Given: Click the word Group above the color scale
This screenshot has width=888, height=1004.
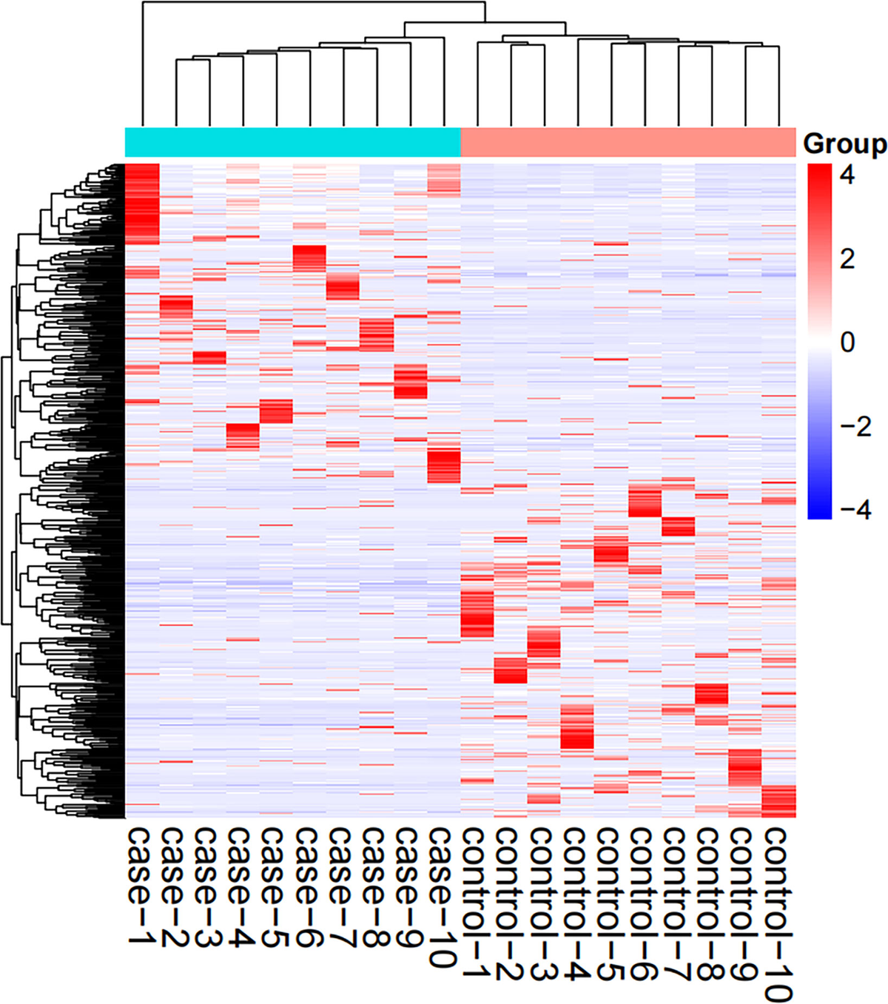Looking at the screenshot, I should (844, 144).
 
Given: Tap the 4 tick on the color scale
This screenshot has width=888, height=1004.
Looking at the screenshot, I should (847, 175).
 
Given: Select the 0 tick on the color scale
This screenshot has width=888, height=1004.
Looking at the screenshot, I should (847, 343).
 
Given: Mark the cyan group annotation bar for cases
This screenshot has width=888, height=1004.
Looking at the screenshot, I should (292, 142).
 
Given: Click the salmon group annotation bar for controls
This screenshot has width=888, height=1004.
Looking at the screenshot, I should (628, 142).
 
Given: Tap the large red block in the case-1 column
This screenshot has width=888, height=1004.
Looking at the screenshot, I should (142, 203).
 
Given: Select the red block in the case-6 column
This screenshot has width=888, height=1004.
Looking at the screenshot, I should (309, 259).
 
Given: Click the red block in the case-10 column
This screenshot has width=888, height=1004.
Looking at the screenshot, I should (444, 465).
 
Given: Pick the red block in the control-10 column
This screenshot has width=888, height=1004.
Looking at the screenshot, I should (778, 801).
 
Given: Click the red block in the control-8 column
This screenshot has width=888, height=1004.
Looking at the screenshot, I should (711, 694).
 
